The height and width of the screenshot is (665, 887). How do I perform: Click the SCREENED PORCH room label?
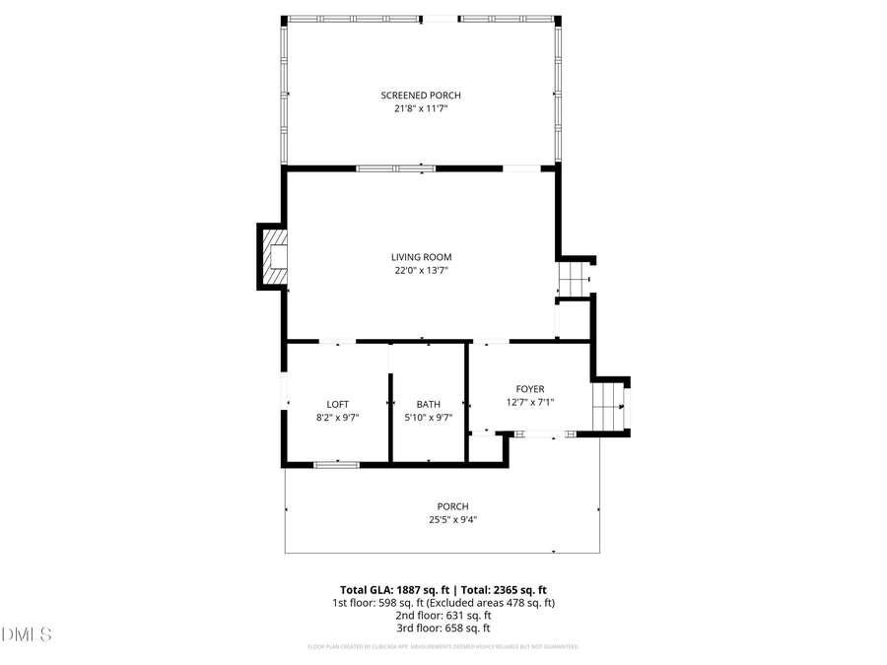click(421, 96)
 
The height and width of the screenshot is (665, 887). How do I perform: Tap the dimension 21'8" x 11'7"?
click(421, 109)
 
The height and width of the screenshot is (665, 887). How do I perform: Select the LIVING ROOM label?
click(421, 257)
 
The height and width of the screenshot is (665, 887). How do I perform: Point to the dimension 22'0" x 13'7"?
click(421, 271)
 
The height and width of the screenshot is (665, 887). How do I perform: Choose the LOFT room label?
click(337, 404)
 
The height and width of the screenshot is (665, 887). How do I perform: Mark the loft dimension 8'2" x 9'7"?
click(337, 418)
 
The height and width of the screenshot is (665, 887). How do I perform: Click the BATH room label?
click(428, 404)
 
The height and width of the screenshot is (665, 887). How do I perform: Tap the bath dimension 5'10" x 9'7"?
click(428, 418)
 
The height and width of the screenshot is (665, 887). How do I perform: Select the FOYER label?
click(530, 389)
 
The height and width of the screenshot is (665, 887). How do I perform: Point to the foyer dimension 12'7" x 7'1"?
click(530, 402)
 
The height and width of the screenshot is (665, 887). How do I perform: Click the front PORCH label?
click(453, 506)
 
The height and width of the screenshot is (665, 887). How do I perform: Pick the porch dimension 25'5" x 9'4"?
click(453, 520)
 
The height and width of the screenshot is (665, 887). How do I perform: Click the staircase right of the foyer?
click(609, 406)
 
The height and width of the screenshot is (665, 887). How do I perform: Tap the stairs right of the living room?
click(574, 279)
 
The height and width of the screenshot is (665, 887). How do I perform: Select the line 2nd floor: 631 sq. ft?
click(443, 615)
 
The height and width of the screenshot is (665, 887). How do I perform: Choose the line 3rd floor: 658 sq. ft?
click(443, 628)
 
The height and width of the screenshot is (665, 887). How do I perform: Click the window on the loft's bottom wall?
click(337, 463)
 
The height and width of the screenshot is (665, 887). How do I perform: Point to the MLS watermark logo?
click(27, 633)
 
